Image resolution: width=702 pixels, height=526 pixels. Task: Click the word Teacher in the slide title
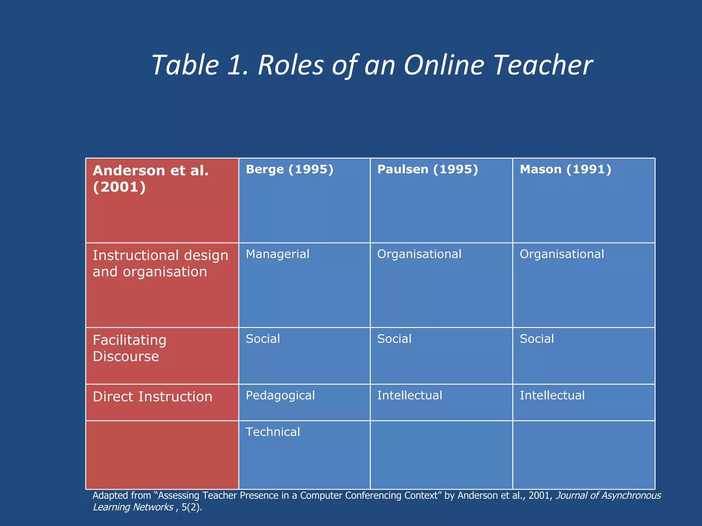(543, 65)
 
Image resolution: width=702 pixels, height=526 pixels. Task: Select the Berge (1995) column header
(290, 170)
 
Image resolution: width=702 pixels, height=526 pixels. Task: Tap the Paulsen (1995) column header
(427, 170)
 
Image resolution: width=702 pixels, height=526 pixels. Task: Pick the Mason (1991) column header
(566, 170)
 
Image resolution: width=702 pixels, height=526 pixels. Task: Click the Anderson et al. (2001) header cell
(151, 179)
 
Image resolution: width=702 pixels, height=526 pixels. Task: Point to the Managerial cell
(278, 254)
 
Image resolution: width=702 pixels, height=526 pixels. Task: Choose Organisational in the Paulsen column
(419, 254)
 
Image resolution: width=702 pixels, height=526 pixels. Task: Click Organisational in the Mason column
(562, 254)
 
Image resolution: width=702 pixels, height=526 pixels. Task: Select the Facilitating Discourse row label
(130, 348)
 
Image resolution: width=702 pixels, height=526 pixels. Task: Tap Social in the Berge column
(263, 339)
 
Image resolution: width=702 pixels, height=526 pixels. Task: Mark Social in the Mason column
(537, 339)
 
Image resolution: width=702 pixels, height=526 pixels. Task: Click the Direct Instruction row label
(153, 397)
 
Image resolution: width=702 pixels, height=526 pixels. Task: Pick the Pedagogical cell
(280, 396)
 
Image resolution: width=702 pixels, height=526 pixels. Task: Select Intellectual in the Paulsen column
(410, 396)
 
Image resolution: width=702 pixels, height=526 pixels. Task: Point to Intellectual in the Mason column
(552, 396)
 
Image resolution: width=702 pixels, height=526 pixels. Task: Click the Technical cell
(273, 432)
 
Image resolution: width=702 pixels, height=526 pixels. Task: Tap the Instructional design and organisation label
(160, 263)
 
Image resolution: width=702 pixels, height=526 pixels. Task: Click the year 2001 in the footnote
(540, 496)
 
